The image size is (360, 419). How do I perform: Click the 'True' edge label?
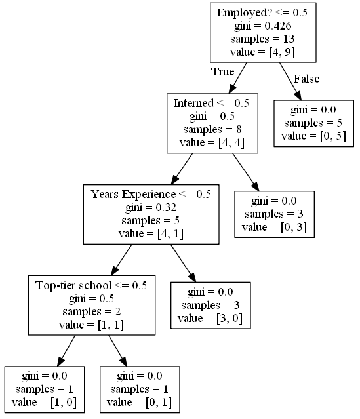(x=222, y=71)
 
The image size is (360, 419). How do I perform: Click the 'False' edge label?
(x=306, y=79)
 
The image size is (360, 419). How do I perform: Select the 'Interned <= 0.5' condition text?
(x=211, y=103)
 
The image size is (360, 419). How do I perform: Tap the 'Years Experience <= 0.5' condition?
(x=150, y=194)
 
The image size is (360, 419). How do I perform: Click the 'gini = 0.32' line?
(x=150, y=207)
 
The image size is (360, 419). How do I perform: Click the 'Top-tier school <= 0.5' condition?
(x=91, y=285)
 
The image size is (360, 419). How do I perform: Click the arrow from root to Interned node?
(x=238, y=78)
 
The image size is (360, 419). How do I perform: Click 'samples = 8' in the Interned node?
(x=211, y=129)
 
